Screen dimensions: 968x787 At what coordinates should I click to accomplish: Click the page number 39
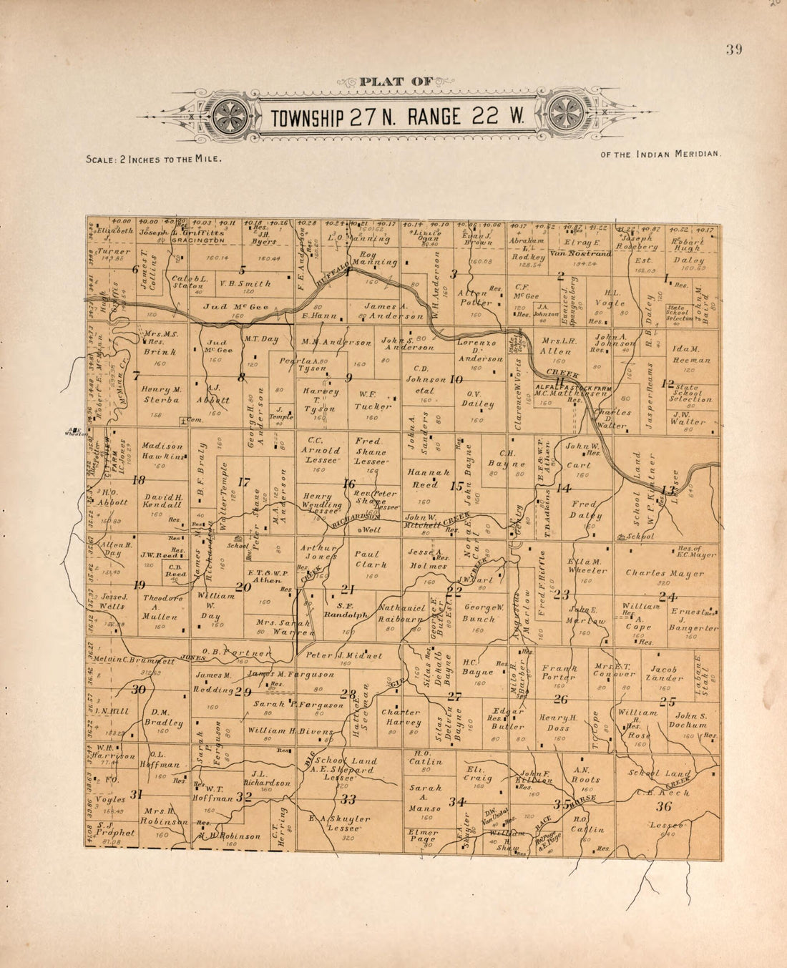[x=733, y=49]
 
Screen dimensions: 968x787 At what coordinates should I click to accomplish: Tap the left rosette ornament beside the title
[x=230, y=114]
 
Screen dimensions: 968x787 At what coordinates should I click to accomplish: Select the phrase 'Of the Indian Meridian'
[x=661, y=154]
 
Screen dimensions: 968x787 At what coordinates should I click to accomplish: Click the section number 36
[x=664, y=806]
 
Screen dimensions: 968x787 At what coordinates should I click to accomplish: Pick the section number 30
[x=138, y=689]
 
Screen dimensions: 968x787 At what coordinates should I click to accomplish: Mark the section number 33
[x=348, y=799]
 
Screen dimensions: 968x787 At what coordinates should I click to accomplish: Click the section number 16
[x=348, y=484]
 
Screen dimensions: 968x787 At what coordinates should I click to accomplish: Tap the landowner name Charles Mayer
[x=665, y=573]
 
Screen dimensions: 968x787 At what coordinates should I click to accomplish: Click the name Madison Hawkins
[x=162, y=451]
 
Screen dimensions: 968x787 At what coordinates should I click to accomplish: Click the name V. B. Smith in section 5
[x=245, y=283]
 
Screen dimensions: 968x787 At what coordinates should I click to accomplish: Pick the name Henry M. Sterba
[x=161, y=394]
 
